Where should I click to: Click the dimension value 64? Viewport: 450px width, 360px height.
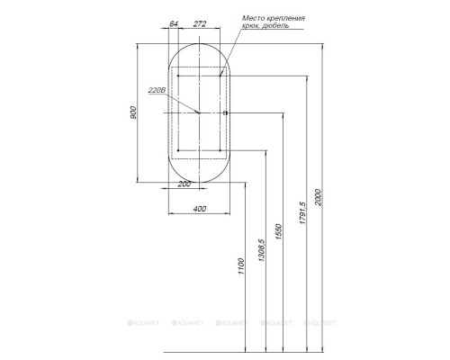coord(174,23)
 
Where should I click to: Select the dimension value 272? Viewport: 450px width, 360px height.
coord(200,23)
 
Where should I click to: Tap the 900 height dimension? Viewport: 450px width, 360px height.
coord(133,112)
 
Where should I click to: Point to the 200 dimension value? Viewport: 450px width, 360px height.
coord(184,184)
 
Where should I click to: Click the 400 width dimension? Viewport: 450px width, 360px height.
coord(200,209)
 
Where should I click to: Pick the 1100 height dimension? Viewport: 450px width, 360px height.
coord(241,266)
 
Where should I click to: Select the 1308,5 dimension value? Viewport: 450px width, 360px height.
coord(261,250)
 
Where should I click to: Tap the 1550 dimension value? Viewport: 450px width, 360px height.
coord(279,231)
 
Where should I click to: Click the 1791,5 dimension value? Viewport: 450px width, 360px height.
coord(302,213)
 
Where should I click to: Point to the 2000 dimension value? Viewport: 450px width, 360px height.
coord(318,197)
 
